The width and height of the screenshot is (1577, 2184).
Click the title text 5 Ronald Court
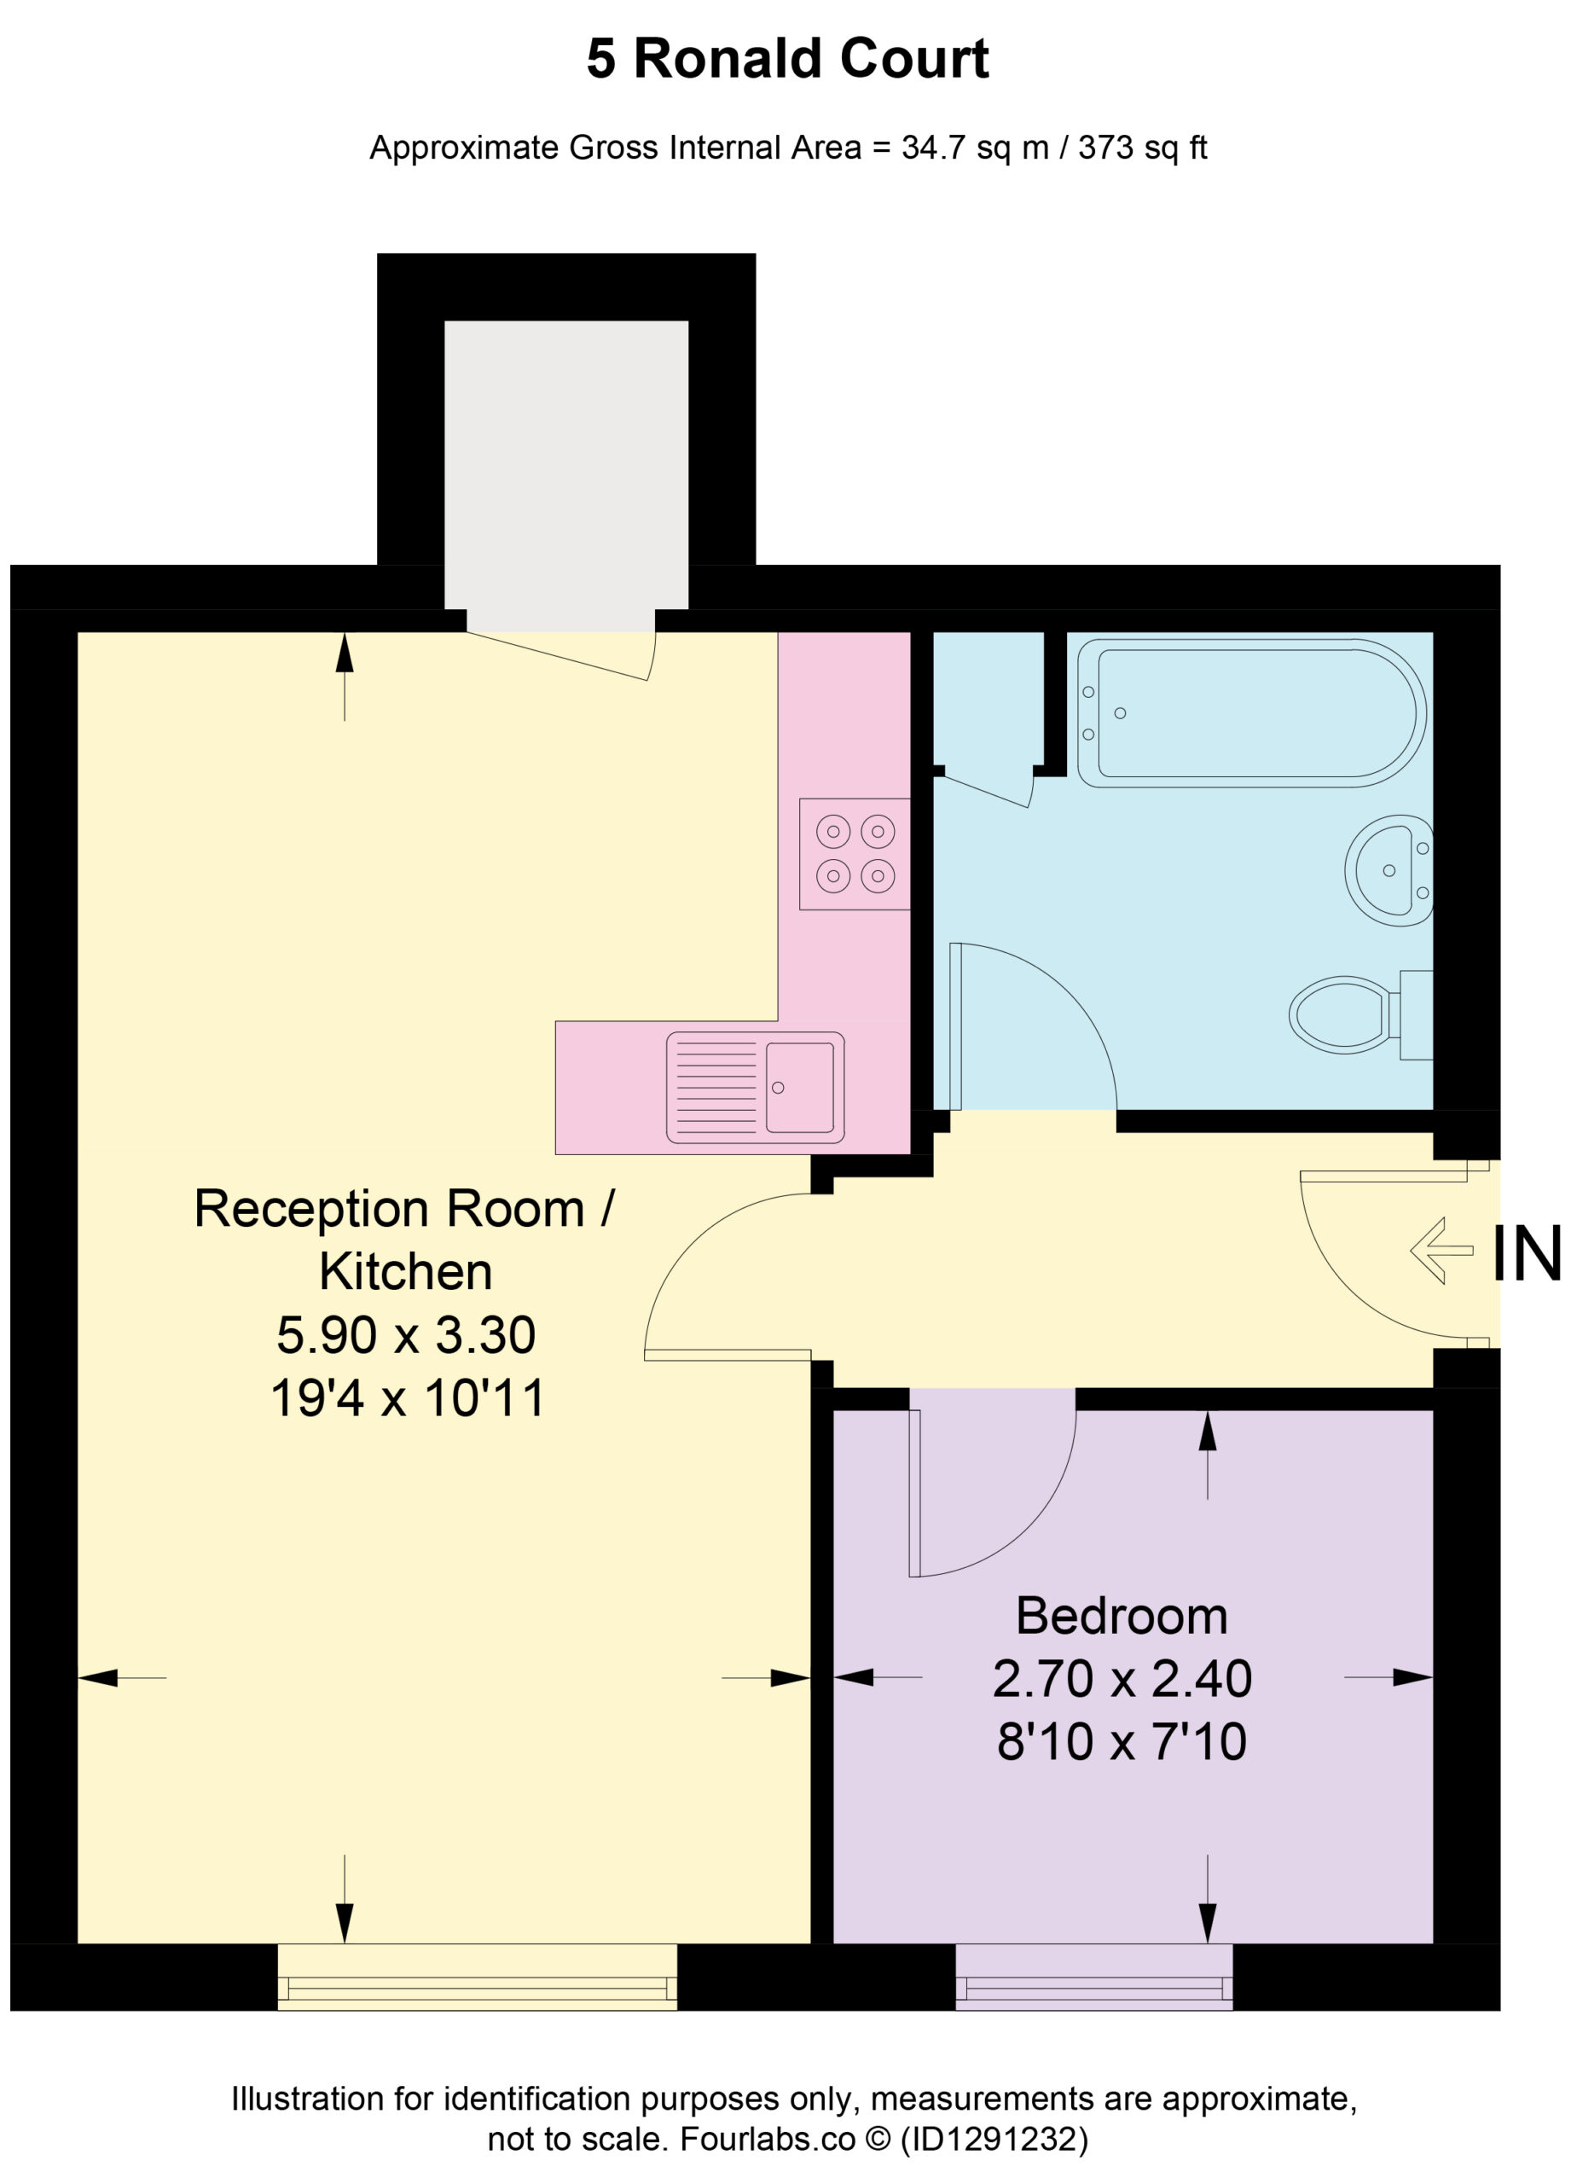coord(787,60)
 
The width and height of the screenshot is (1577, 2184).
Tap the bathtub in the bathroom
coord(1250,712)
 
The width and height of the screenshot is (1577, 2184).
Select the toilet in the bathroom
coord(1360,1015)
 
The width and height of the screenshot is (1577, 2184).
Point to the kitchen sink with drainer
coord(755,1087)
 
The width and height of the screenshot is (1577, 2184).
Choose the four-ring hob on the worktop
coord(855,854)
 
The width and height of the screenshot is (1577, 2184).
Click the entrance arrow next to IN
coord(1441,1251)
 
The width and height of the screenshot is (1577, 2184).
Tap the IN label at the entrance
coord(1526,1254)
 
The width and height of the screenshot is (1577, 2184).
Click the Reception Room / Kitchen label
coord(405,1240)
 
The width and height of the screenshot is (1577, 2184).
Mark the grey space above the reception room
coord(566,476)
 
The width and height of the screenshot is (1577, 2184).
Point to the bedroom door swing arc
coord(1029,1528)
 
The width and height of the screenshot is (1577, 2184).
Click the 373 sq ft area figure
coord(1142,148)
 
